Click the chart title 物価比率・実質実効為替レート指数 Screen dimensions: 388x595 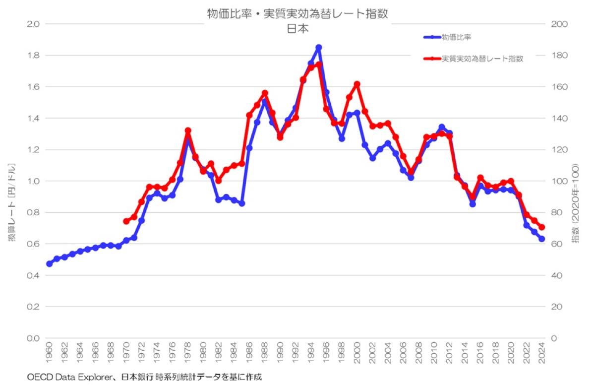pos(297,14)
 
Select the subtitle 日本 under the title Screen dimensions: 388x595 pos(297,29)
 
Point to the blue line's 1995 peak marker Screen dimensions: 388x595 pos(319,47)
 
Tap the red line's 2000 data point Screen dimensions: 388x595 pos(357,84)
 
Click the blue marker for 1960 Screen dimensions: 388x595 pos(49,264)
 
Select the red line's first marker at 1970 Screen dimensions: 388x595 pos(126,221)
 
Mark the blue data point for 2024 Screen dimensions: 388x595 pos(542,239)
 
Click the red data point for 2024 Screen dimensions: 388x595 pos(542,227)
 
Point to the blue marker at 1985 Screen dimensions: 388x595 pos(242,203)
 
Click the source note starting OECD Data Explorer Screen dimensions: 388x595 pos(144,377)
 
